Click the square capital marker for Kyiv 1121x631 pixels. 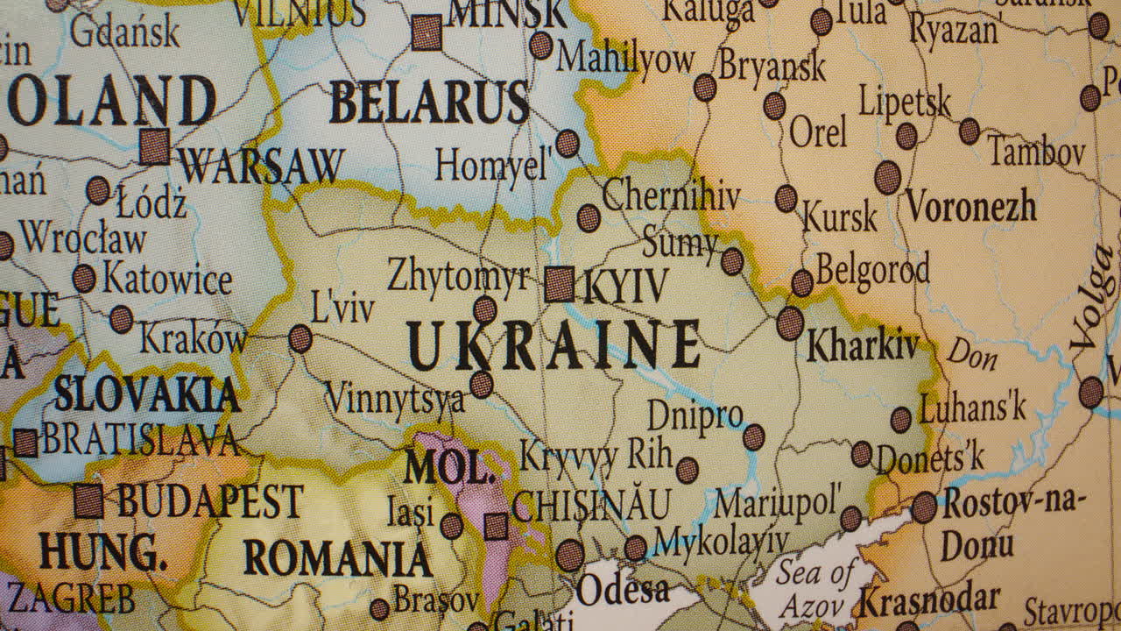click(x=560, y=285)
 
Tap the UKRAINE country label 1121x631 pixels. click(x=553, y=344)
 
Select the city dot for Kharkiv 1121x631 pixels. click(x=790, y=323)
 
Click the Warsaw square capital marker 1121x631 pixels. click(x=155, y=147)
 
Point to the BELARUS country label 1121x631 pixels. click(x=429, y=103)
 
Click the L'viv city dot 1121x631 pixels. click(x=300, y=338)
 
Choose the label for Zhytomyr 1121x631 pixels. click(x=458, y=277)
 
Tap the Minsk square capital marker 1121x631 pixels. click(x=427, y=32)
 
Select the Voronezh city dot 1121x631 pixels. click(x=888, y=177)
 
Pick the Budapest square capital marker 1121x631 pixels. click(x=88, y=501)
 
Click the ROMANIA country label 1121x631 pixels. click(x=337, y=558)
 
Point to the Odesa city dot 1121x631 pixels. click(x=570, y=555)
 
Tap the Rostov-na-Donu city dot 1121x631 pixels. click(x=924, y=507)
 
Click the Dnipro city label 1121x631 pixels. click(x=695, y=415)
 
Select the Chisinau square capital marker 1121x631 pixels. click(x=496, y=527)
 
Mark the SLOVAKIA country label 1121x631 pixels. click(x=147, y=395)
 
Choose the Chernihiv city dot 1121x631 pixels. click(x=589, y=218)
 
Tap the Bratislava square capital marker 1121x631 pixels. click(x=25, y=443)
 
